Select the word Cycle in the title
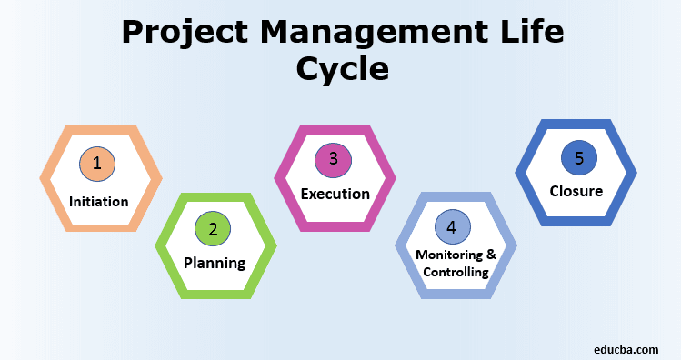pos(341,71)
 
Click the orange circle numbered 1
pos(97,164)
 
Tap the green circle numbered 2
pos(213,229)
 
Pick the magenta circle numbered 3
pos(334,159)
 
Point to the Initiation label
pos(99,201)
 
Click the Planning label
pos(215,264)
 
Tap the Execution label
pos(335,194)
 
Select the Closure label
pos(576,191)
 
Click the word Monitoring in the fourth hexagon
pos(446,255)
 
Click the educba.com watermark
pos(630,348)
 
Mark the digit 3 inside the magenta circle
pos(334,159)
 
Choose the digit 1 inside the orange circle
pos(97,164)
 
